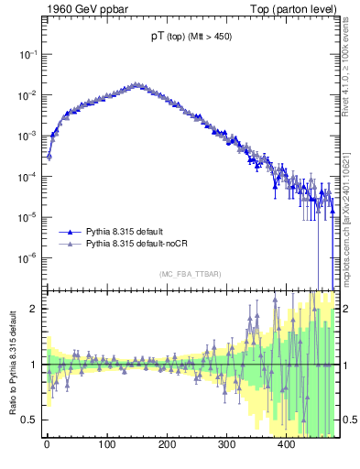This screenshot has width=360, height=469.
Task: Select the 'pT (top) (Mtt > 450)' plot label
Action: (191, 37)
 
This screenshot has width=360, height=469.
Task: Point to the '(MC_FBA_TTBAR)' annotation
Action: (191, 275)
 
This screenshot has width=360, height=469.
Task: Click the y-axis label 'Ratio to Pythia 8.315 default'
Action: (12, 365)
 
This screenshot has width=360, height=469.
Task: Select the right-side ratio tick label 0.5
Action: (350, 420)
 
